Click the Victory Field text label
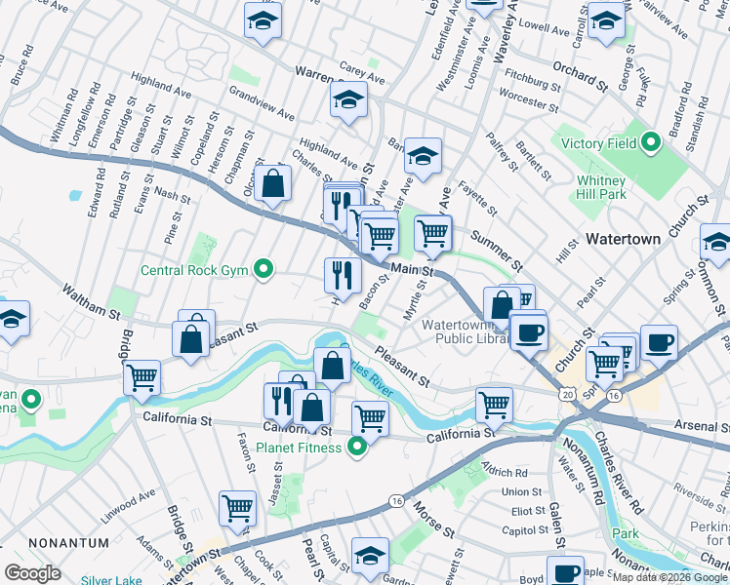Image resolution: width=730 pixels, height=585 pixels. (x=598, y=144)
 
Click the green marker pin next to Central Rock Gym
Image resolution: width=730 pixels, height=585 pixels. (x=262, y=270)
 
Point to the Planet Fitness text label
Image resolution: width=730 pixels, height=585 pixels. (x=299, y=448)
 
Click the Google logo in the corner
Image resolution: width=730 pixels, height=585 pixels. (x=32, y=572)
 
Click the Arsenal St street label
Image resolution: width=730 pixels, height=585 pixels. (x=702, y=426)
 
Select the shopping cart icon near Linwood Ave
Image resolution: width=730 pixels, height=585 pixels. (x=237, y=506)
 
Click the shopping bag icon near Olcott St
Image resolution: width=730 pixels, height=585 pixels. (x=273, y=181)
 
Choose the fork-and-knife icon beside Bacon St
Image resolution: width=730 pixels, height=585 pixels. (x=343, y=274)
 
